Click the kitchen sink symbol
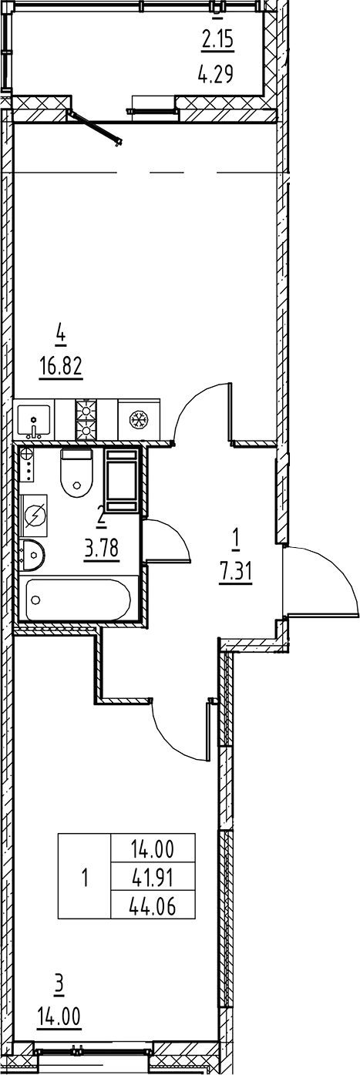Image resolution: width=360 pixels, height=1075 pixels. pos(33,421)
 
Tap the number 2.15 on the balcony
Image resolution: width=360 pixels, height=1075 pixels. pos(217,39)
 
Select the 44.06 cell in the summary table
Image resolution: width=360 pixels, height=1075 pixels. pos(154,906)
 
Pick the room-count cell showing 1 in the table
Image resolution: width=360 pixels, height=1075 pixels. pos(85,877)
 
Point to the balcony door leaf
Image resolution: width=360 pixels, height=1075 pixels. pos(96,127)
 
